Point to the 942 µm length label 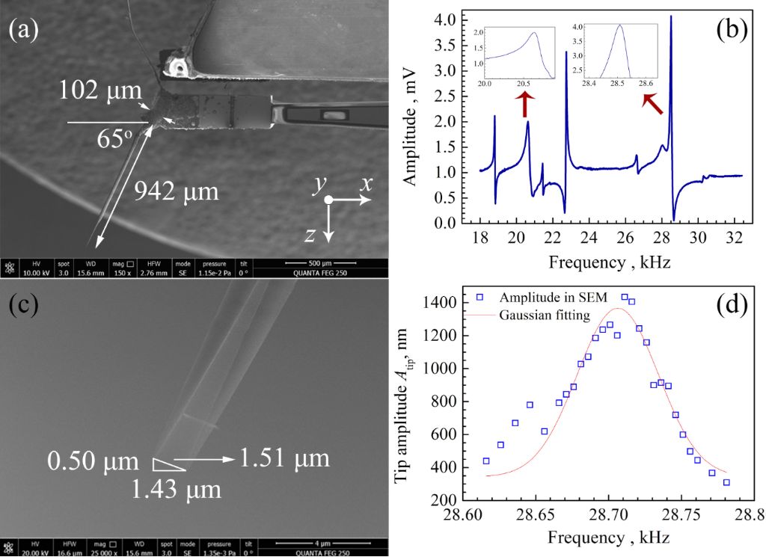click(177, 193)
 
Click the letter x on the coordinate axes click(366, 183)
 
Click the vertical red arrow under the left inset click(524, 103)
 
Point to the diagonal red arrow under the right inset click(654, 105)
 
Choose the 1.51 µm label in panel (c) click(285, 457)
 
